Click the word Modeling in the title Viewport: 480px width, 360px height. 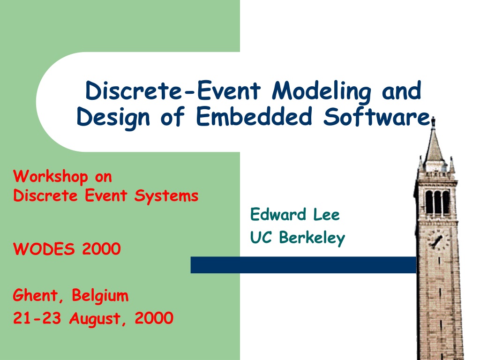322,91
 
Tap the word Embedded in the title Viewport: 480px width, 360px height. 254,116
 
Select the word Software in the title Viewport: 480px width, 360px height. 377,116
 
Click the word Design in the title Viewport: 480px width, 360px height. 113,118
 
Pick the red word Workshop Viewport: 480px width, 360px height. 51,177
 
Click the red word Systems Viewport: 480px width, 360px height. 166,196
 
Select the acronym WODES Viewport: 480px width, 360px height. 44,248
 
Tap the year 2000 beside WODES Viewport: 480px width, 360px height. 101,248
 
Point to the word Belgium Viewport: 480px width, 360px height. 100,296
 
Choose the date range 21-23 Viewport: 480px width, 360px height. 37,318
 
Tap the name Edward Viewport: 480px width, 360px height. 278,214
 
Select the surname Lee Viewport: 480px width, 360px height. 326,215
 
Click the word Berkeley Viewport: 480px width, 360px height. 312,238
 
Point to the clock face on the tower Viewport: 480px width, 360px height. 438,239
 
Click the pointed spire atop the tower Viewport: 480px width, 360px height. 434,143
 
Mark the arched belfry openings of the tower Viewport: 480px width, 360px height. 437,202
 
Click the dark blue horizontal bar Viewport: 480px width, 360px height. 303,265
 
